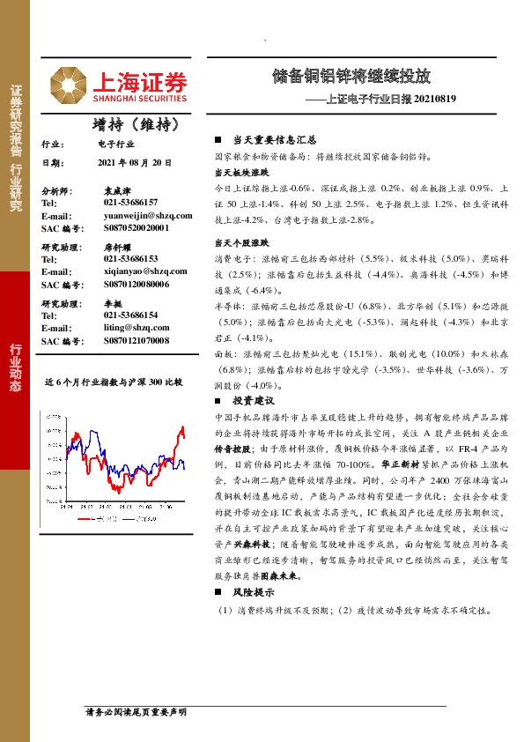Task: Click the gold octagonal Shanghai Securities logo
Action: (67, 84)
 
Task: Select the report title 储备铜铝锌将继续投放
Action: (364, 76)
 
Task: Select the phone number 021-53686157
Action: (130, 203)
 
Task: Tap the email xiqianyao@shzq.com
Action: (141, 271)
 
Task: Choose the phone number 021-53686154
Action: (130, 315)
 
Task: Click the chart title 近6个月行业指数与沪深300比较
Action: (114, 382)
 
